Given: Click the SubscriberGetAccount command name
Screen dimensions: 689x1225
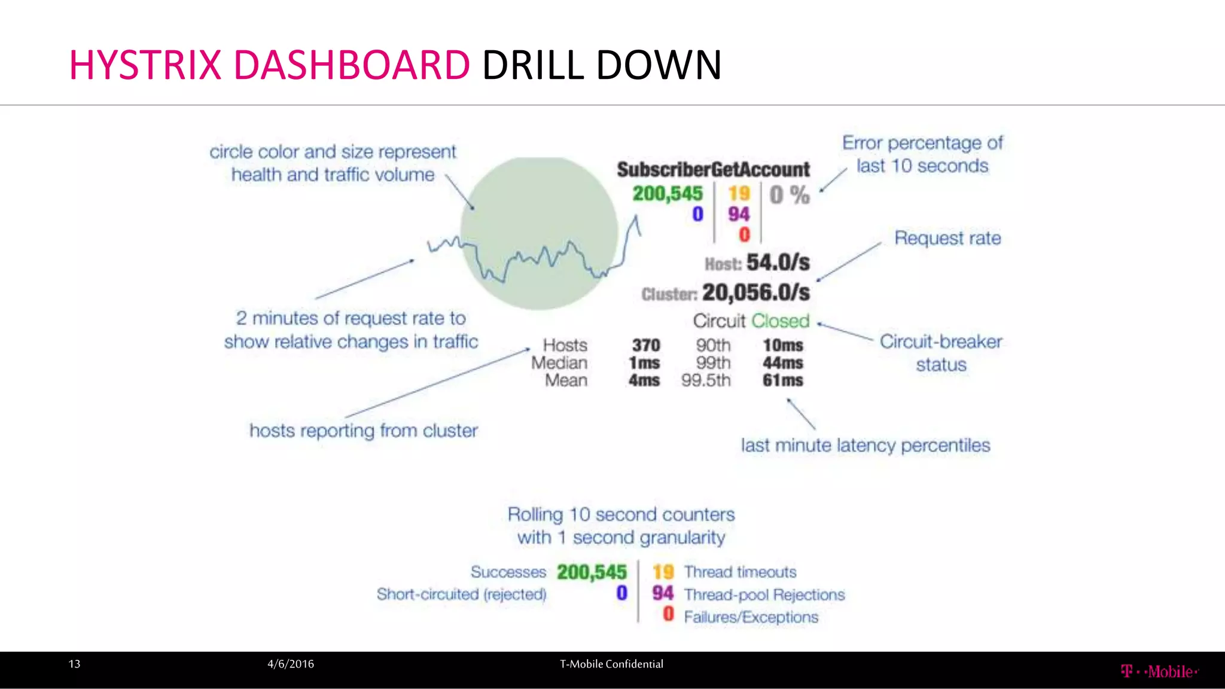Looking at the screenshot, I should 713,170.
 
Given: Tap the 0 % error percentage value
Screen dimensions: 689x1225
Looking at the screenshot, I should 790,195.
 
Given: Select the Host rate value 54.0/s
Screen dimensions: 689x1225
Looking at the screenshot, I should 778,263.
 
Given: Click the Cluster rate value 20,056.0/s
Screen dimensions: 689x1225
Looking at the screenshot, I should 755,292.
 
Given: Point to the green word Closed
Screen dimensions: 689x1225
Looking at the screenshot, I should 780,321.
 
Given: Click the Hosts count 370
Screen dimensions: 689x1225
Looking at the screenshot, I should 646,345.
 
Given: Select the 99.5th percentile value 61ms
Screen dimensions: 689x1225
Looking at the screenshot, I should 782,380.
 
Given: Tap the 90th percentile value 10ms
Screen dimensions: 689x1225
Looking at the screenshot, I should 782,345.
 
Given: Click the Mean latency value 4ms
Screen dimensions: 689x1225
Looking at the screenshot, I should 644,380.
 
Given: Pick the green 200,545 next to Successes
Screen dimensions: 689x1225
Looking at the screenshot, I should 592,572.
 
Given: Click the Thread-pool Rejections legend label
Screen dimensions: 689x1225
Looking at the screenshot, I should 764,595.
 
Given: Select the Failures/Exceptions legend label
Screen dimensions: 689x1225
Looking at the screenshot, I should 751,617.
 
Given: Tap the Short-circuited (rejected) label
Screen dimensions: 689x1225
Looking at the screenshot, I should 461,594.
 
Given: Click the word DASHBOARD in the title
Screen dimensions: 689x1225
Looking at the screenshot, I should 352,65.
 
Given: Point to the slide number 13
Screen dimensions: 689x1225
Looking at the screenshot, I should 74,664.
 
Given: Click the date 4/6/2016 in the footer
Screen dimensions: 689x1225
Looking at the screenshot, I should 291,664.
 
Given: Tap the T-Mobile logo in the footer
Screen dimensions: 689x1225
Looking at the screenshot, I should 1159,671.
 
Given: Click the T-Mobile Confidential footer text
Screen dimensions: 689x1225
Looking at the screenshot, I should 611,664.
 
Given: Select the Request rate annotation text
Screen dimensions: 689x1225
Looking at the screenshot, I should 947,238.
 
